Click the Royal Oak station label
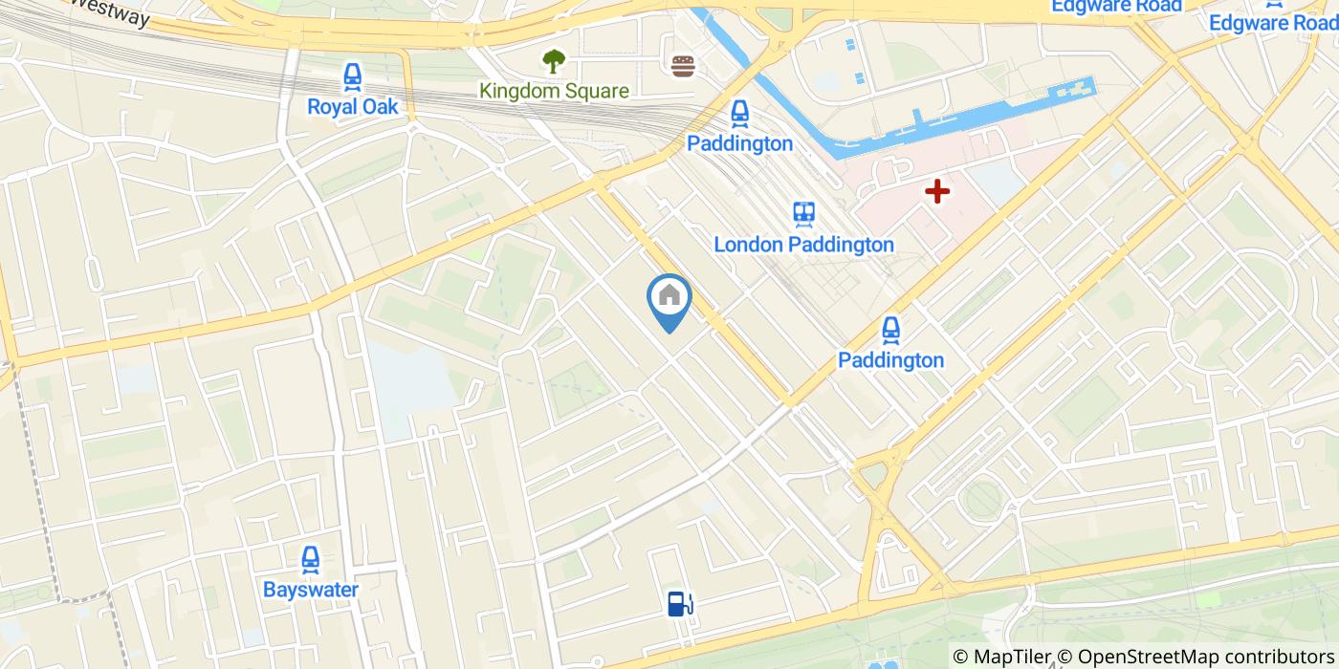coord(352,106)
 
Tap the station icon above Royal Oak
coord(352,76)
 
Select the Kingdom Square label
coord(554,91)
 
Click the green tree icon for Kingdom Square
coord(553,61)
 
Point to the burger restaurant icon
coord(683,66)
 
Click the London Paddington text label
coord(803,245)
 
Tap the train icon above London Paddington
coord(803,214)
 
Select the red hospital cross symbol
coord(936,191)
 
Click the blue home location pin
coord(669,298)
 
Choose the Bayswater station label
coord(310,589)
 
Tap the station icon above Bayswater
coord(310,559)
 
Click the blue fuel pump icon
coord(679,603)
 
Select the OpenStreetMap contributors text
coord(1207,657)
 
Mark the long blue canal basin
coord(966,124)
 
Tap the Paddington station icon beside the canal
coord(739,114)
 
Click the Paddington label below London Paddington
coord(890,360)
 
